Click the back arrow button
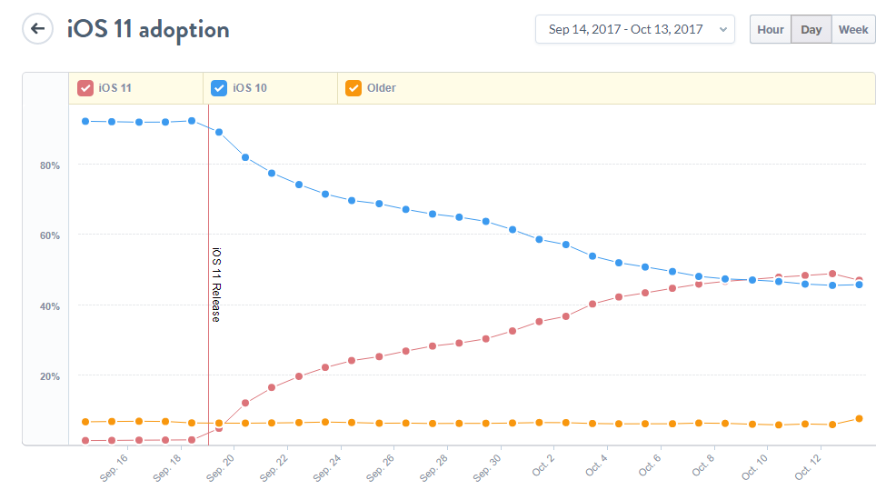click(37, 28)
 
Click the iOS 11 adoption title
click(148, 29)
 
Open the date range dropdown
click(634, 29)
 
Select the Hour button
click(770, 29)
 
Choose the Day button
click(811, 29)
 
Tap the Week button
click(853, 29)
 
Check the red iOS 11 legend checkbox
click(85, 88)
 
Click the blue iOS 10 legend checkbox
click(219, 88)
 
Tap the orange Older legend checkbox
click(353, 88)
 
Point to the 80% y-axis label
click(49, 165)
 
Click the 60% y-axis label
click(49, 235)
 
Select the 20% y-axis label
click(49, 376)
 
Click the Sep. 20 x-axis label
click(221, 465)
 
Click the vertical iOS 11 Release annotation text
click(216, 285)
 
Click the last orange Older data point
click(859, 419)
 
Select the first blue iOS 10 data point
click(85, 121)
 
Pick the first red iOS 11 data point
click(85, 441)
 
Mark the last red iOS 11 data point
click(859, 280)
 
